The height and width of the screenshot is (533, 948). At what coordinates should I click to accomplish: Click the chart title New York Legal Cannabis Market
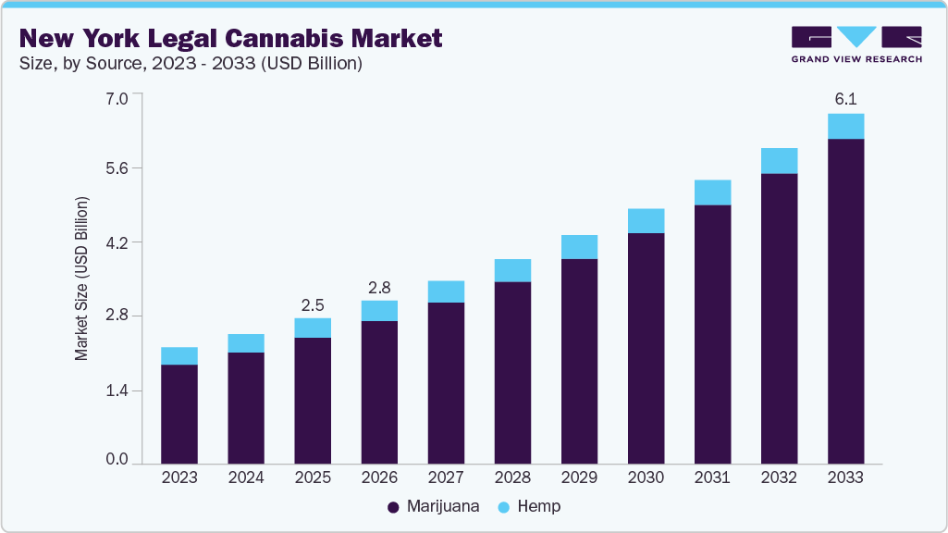[230, 38]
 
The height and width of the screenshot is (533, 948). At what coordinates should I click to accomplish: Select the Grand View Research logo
[856, 44]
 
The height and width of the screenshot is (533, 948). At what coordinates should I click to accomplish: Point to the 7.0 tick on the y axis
[118, 95]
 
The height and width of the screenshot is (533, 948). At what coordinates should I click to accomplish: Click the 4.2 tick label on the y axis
[118, 242]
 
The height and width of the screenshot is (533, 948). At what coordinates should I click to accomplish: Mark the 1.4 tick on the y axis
[118, 390]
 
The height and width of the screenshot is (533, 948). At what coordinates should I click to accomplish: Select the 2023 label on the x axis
[179, 477]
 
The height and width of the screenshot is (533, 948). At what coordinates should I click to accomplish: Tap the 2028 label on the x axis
[512, 477]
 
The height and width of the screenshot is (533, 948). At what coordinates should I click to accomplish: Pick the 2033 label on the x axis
[845, 477]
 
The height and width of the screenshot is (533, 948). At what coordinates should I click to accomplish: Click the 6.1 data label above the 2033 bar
[845, 98]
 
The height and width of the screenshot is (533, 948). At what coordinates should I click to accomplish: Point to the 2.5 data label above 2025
[313, 304]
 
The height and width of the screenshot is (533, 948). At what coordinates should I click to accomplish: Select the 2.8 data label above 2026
[379, 286]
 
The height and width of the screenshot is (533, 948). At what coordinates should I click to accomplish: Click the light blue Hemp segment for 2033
[845, 126]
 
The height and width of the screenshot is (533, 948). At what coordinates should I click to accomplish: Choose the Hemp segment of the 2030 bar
[646, 220]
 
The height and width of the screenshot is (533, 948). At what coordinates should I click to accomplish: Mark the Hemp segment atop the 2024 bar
[246, 343]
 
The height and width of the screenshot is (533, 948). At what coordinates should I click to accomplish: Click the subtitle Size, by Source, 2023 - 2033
[190, 64]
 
